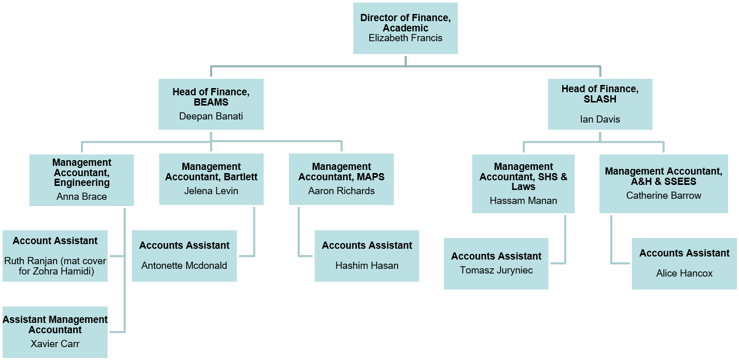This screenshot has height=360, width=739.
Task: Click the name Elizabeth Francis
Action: tap(405, 38)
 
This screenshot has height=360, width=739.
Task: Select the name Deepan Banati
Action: tap(211, 116)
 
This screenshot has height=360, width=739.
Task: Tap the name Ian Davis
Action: tap(600, 119)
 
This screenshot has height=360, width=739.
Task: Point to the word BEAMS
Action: tap(211, 102)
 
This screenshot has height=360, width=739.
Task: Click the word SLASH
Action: tap(600, 99)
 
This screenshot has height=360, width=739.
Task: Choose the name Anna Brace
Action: tap(81, 196)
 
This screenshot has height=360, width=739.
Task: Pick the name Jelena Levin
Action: tap(211, 191)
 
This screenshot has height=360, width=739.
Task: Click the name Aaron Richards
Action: tap(341, 191)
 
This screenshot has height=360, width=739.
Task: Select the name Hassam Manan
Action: tap(523, 201)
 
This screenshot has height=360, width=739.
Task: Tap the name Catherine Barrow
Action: tap(663, 195)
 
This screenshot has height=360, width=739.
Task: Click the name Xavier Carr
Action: tap(55, 344)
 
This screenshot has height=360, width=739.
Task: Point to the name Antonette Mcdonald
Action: tap(184, 265)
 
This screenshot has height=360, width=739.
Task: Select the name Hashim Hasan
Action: tap(367, 265)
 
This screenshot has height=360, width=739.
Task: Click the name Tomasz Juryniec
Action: tap(496, 270)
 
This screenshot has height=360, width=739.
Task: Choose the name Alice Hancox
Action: tap(684, 273)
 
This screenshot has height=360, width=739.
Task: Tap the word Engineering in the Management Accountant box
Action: tap(81, 182)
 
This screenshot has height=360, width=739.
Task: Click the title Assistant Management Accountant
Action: tap(55, 324)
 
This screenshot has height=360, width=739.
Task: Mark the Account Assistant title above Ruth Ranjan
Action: tap(55, 241)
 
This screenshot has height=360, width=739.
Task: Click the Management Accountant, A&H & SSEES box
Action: tap(663, 184)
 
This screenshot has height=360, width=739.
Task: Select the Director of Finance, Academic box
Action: tap(405, 28)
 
